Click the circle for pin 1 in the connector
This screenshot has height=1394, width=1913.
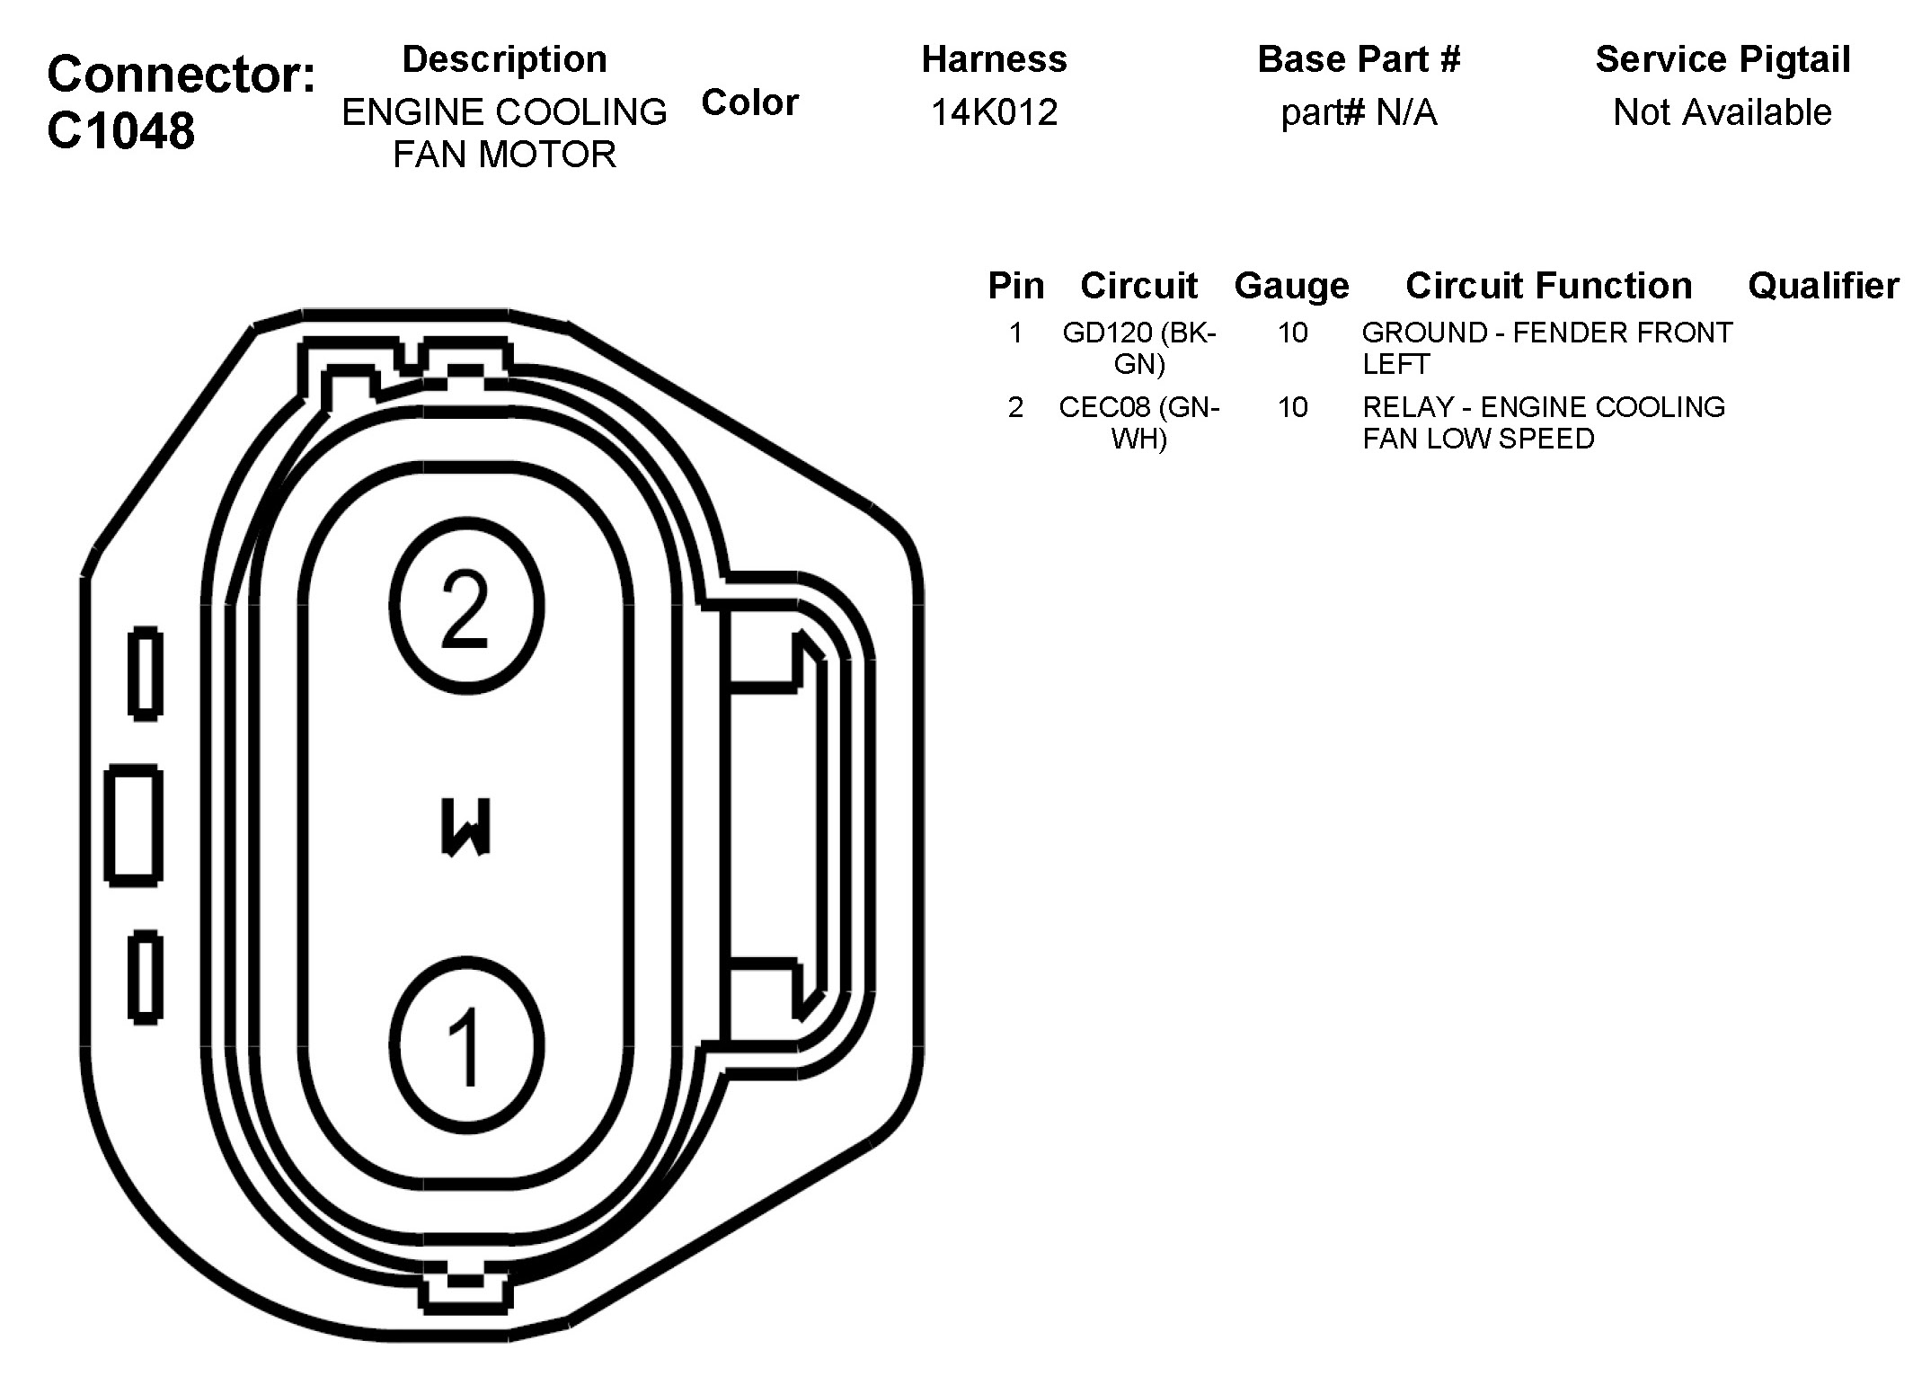(x=466, y=1044)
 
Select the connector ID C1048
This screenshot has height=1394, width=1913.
(x=120, y=130)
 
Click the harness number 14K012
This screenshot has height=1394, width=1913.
(x=994, y=112)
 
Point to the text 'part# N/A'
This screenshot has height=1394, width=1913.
(x=1359, y=112)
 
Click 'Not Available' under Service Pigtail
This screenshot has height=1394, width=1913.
(x=1722, y=112)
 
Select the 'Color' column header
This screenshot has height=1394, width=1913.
(x=749, y=102)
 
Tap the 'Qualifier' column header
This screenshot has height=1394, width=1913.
(x=1822, y=286)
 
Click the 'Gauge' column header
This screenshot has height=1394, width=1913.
(x=1291, y=286)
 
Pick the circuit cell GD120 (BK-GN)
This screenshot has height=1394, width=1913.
(x=1138, y=348)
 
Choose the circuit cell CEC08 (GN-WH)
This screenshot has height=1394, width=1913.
(x=1138, y=422)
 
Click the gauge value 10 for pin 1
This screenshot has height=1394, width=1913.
(x=1292, y=333)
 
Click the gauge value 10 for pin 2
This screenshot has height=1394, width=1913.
(x=1292, y=407)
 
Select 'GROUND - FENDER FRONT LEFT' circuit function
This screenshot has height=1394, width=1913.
(x=1545, y=348)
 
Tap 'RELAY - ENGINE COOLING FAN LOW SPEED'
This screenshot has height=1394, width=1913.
(x=1542, y=422)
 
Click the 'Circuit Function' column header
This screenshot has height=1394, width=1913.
(x=1548, y=286)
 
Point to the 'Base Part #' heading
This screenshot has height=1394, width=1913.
(x=1359, y=59)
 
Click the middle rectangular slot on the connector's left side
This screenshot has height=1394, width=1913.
(x=134, y=825)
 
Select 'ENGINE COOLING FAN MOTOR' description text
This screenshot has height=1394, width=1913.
(x=504, y=133)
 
